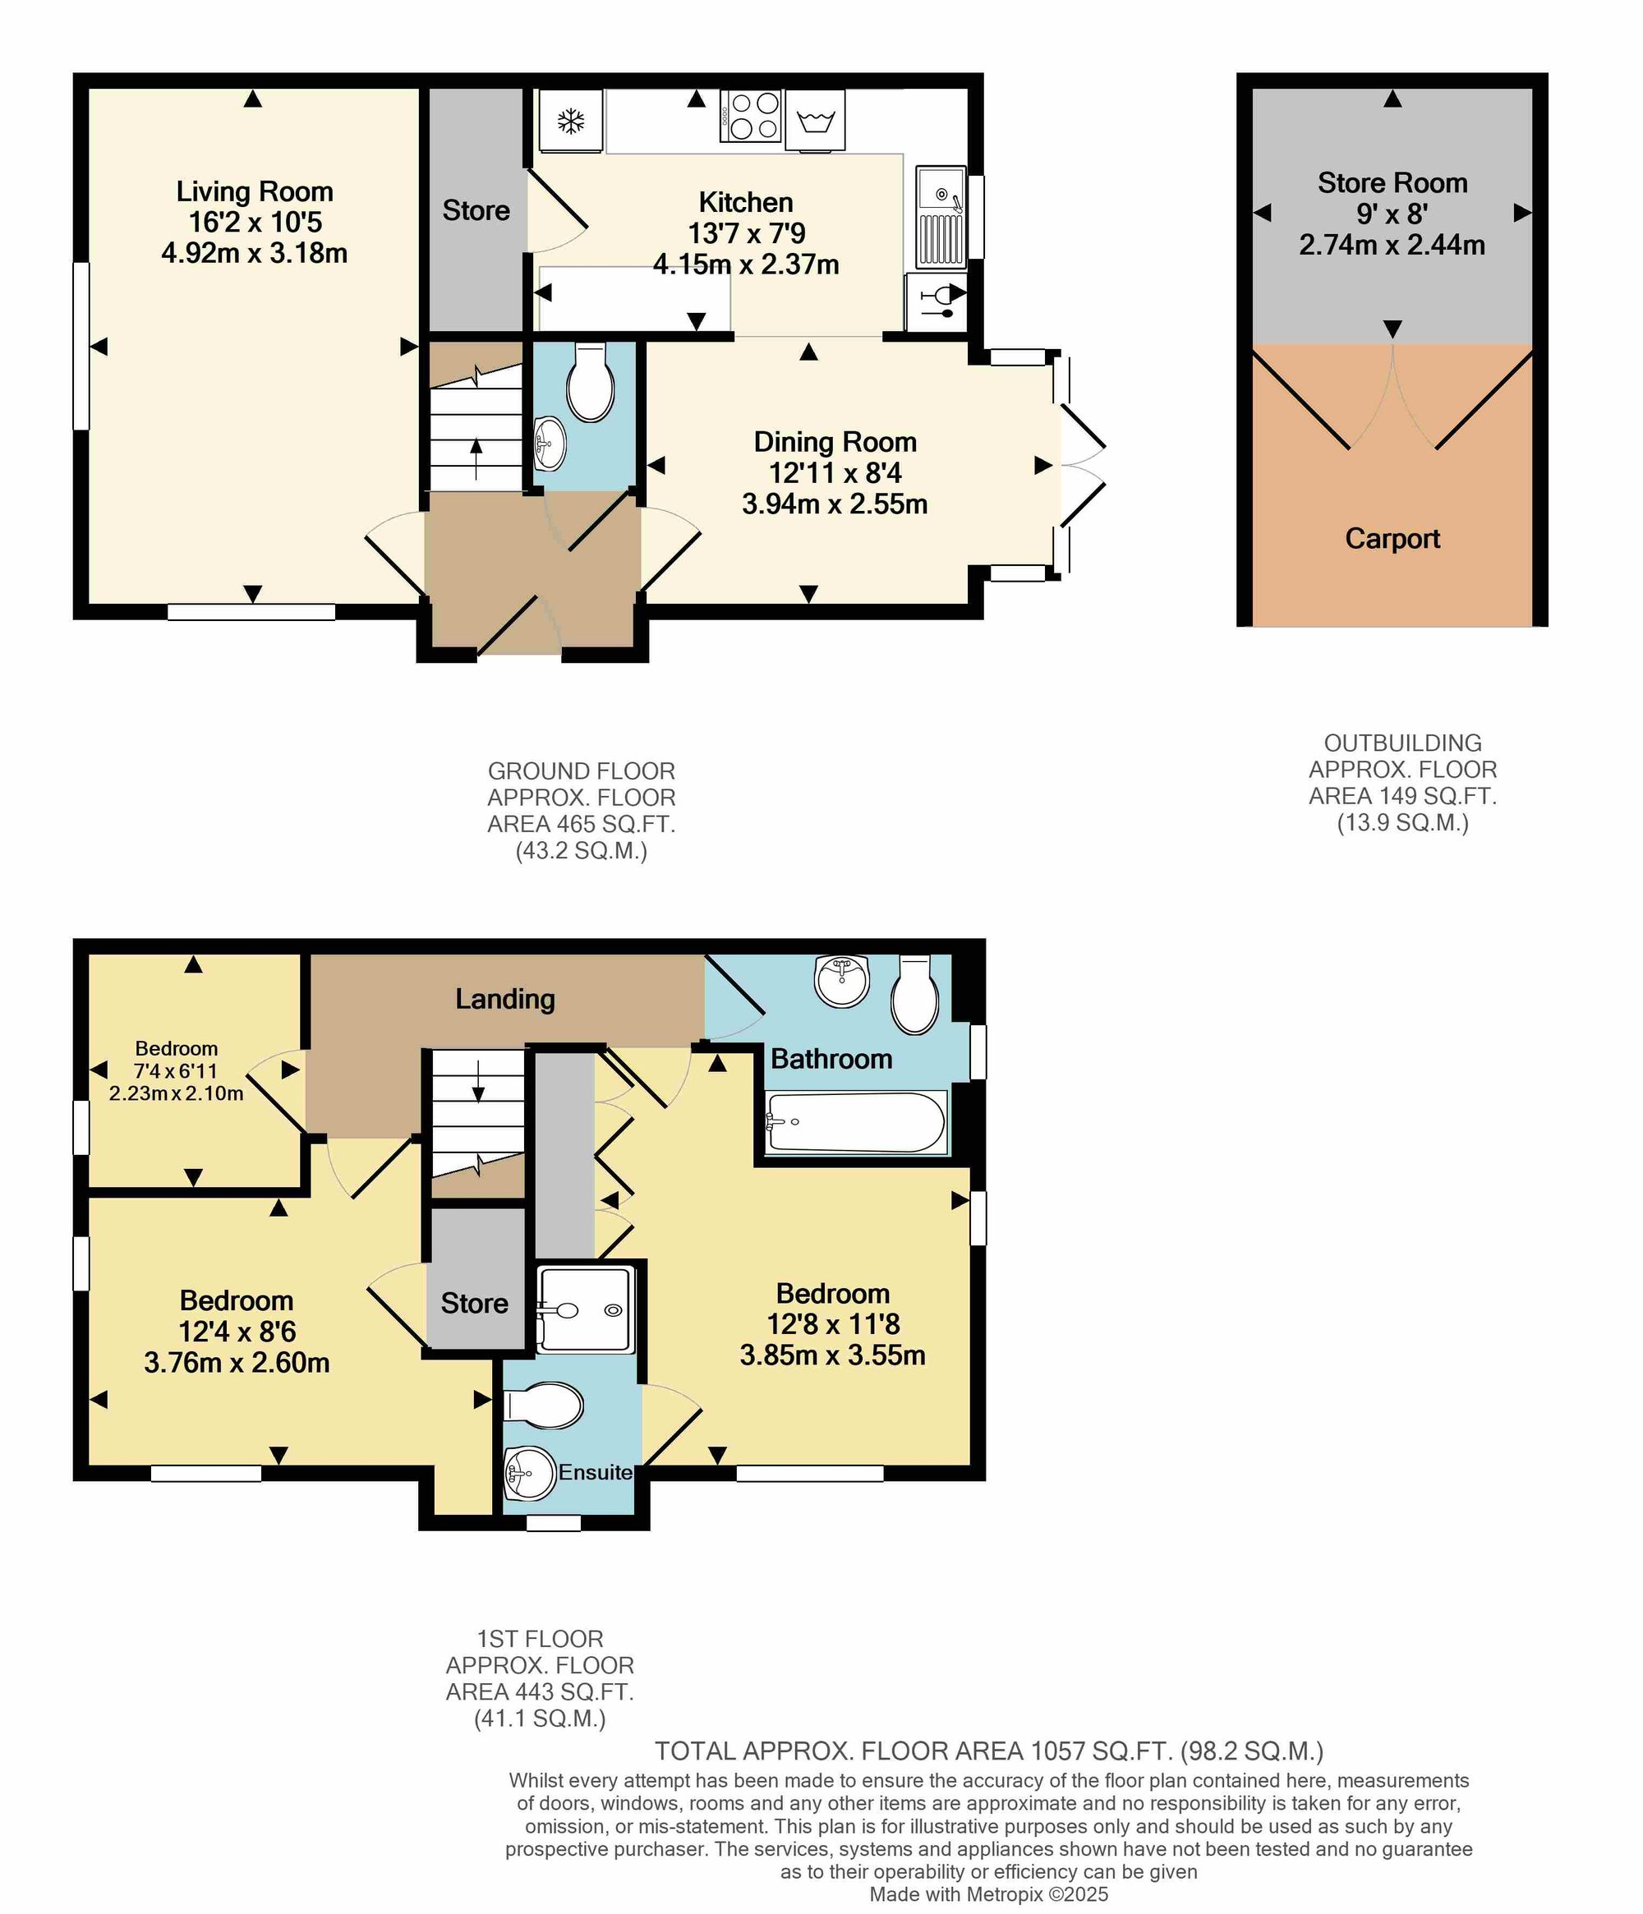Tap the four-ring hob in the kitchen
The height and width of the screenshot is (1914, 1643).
tap(751, 116)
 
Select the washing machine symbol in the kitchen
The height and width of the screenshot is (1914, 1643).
tap(816, 120)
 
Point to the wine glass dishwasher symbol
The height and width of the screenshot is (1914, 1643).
tap(937, 301)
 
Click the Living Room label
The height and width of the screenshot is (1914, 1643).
tap(255, 192)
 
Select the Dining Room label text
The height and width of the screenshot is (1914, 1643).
tap(835, 443)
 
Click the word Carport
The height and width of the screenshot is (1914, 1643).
tap(1392, 539)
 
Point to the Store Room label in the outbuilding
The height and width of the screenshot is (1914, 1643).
tap(1392, 183)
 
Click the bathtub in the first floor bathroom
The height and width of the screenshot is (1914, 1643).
tap(855, 1122)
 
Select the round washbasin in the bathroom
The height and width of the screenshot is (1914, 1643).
tap(841, 980)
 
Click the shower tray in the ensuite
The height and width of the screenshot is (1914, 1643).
tap(587, 1310)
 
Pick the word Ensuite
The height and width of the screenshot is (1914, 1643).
tap(596, 1472)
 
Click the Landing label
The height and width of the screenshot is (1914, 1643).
tap(505, 1000)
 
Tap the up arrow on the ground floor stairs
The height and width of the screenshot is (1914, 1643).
tap(476, 459)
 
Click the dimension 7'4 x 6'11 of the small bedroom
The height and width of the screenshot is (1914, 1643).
tap(177, 1071)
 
